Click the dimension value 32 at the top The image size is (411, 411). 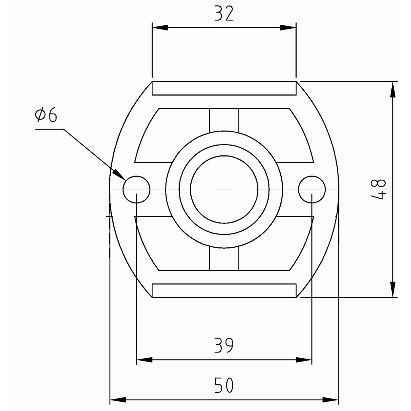click(x=224, y=14)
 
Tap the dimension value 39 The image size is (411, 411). click(x=224, y=345)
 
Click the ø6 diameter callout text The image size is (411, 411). click(x=46, y=115)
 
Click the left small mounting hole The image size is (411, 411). click(x=136, y=189)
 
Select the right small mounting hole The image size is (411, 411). click(x=312, y=189)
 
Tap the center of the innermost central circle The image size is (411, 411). click(x=224, y=189)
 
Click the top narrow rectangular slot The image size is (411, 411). click(x=224, y=88)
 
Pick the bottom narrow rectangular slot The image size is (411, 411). click(x=224, y=290)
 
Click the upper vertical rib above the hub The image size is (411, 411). click(x=224, y=120)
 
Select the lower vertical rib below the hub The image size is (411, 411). click(x=224, y=259)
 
